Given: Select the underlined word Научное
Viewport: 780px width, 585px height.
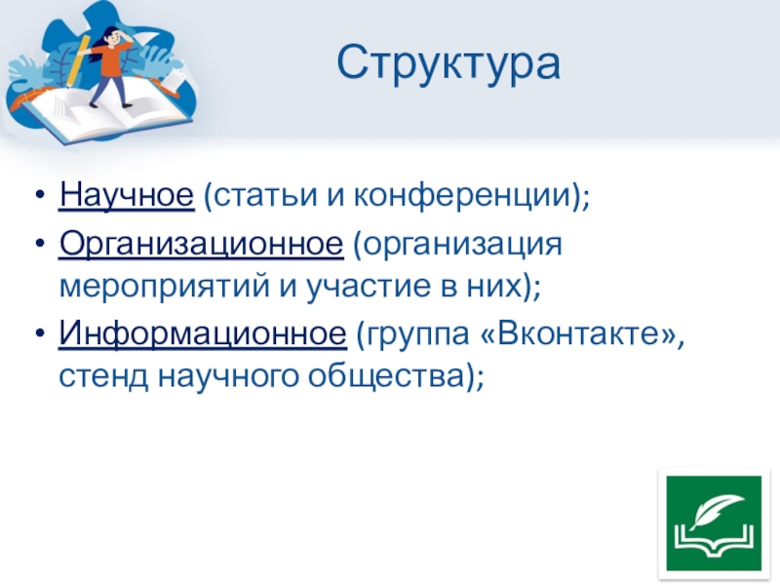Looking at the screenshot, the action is coord(127,194).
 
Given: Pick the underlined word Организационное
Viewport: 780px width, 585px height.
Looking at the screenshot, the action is coord(201,245).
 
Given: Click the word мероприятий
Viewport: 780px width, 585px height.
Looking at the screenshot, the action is coord(164,287).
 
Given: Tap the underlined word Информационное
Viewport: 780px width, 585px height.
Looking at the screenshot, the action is coord(203,333).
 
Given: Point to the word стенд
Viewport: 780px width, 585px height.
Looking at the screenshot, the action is coord(103,376).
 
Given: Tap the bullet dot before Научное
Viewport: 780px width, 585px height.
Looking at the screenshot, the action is coord(40,196).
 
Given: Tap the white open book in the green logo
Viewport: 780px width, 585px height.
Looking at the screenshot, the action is coord(714,542).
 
